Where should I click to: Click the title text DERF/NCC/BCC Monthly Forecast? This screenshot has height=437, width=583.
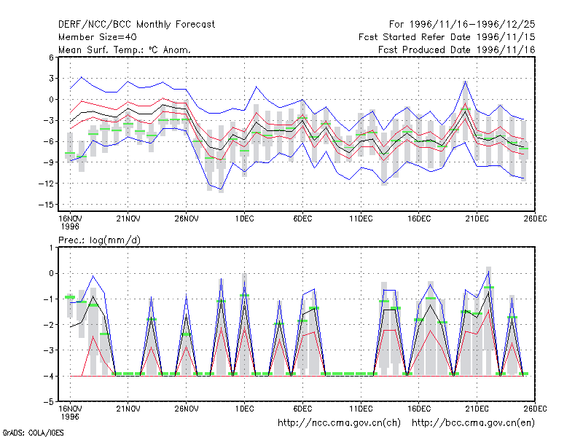point(136,25)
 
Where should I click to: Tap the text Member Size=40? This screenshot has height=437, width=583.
point(98,37)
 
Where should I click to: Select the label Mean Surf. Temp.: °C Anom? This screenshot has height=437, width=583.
point(124,50)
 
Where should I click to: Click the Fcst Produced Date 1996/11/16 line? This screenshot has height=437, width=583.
point(457,50)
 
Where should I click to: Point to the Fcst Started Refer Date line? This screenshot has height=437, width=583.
point(447,37)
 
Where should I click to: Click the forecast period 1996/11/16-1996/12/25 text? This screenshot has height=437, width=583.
point(462,25)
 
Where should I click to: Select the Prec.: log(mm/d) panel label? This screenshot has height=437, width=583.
point(99,240)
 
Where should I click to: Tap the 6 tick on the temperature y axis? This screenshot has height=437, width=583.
point(51,58)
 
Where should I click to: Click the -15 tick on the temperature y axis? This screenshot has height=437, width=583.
point(46,205)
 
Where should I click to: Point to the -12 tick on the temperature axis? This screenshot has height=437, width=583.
point(46,184)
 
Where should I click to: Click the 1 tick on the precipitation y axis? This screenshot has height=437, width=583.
point(51,248)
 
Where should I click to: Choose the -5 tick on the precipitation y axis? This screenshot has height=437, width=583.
point(48,402)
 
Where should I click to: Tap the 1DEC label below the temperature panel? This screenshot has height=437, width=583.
point(244,219)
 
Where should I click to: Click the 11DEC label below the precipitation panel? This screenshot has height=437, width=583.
point(361,409)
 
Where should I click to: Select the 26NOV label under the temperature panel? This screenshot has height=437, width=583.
point(187,219)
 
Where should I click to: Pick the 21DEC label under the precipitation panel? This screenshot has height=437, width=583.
point(477,409)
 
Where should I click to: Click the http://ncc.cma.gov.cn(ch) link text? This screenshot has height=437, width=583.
point(339,423)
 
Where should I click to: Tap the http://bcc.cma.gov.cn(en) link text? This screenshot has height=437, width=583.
point(473,423)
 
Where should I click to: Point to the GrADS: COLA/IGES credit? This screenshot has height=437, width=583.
point(33,433)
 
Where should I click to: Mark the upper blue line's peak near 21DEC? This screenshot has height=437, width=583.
point(465,82)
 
